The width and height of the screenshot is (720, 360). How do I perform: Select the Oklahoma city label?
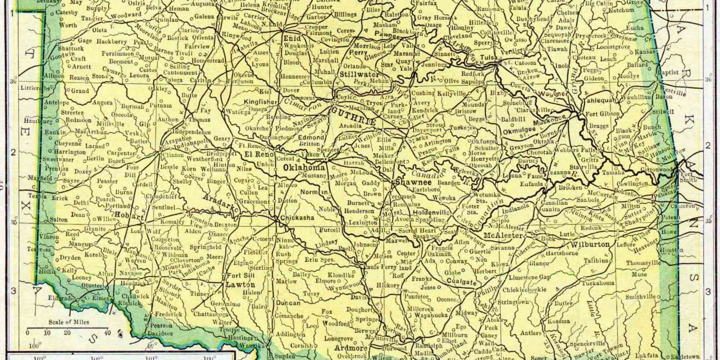pyautogui.click(x=304, y=168)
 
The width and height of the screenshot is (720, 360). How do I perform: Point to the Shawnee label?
pyautogui.click(x=413, y=182)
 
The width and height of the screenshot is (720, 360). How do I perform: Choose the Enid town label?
pyautogui.click(x=292, y=38)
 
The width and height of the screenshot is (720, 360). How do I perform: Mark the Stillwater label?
pyautogui.click(x=349, y=73)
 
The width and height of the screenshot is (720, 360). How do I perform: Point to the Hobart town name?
pyautogui.click(x=126, y=215)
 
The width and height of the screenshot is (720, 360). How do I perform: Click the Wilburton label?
pyautogui.click(x=590, y=246)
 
